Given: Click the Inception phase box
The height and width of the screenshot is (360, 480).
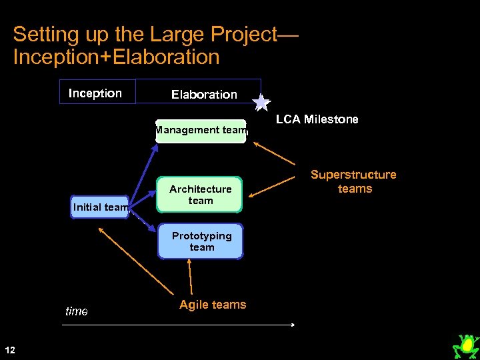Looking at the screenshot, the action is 97,92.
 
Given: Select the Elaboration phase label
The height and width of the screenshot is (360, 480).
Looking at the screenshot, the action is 204,95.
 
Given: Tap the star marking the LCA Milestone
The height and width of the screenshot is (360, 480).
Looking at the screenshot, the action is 261,102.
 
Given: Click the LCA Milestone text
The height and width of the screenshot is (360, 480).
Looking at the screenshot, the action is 317,119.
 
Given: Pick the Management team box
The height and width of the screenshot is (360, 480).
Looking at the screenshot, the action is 201,131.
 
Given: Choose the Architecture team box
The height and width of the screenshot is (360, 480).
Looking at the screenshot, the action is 200,195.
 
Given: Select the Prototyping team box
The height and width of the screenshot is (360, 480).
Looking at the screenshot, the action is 201,241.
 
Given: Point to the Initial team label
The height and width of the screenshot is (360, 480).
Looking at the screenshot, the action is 101,207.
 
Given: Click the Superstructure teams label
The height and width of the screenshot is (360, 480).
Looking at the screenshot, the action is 353,181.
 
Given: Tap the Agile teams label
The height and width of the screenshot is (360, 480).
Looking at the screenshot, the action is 213,305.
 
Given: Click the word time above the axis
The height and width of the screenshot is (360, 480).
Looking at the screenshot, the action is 77,311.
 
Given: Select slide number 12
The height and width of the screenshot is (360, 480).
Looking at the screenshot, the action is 9,349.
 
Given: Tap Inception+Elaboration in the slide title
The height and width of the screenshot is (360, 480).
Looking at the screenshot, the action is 116,57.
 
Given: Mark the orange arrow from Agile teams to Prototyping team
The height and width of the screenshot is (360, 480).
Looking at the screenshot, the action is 190,277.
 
